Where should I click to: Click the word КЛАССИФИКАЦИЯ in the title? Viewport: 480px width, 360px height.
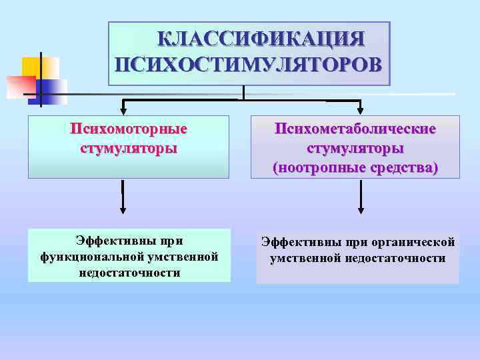[261, 39]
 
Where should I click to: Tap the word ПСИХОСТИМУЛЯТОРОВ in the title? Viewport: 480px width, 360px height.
[249, 65]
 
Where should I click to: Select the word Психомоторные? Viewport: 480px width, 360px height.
[129, 128]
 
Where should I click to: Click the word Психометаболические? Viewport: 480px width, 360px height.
[355, 128]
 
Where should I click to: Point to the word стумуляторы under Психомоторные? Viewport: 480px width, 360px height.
[129, 147]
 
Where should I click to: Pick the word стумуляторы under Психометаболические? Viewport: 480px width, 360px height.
[355, 147]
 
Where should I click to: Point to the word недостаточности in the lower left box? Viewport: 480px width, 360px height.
[129, 273]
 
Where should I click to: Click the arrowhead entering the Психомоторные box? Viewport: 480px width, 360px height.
[122, 108]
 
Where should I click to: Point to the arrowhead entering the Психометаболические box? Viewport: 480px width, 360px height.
[361, 108]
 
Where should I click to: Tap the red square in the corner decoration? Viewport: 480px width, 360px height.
[20, 86]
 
